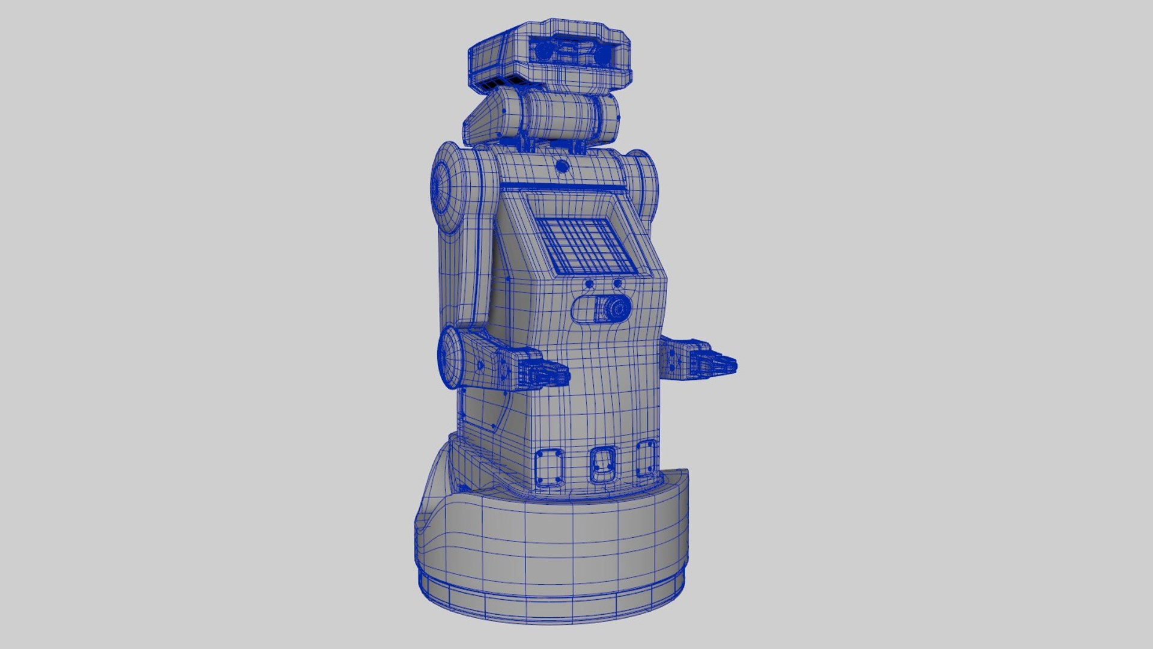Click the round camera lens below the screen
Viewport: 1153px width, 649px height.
coord(615,309)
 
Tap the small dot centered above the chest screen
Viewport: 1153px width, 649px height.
coord(561,166)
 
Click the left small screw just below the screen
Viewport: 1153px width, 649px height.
coord(590,284)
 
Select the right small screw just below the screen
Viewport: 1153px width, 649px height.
coord(617,284)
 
